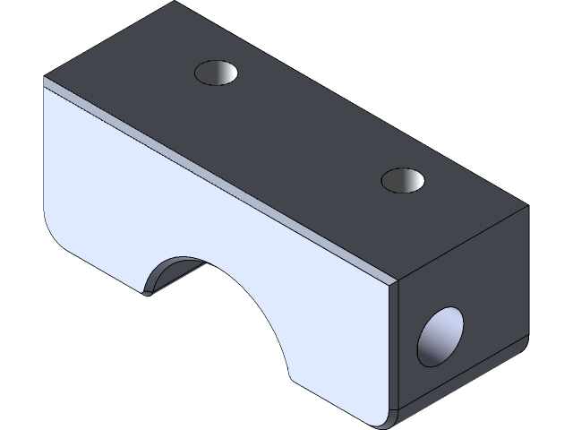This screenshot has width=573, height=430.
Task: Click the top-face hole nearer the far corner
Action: [218, 73]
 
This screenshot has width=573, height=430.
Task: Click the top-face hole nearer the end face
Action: [403, 180]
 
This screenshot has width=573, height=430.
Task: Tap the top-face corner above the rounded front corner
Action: [45, 78]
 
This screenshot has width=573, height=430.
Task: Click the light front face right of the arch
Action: [345, 340]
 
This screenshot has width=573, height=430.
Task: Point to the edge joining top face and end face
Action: [462, 244]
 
